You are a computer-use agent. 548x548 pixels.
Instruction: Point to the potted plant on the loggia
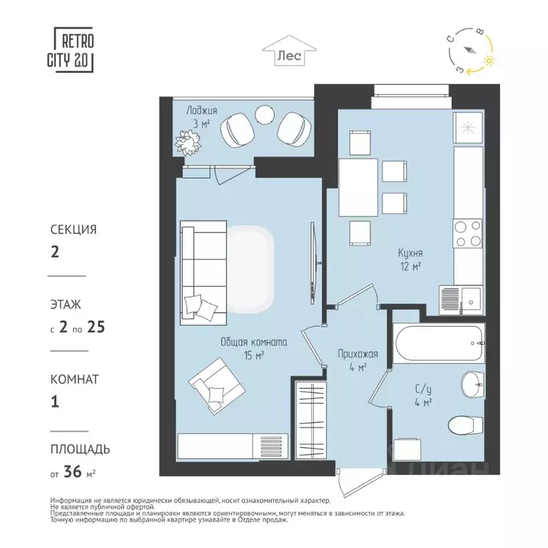click(x=188, y=143)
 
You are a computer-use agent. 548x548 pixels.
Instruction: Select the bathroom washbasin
click(x=472, y=385)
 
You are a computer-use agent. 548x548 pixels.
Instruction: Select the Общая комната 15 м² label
click(x=253, y=348)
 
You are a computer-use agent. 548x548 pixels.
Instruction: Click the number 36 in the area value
click(x=73, y=471)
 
